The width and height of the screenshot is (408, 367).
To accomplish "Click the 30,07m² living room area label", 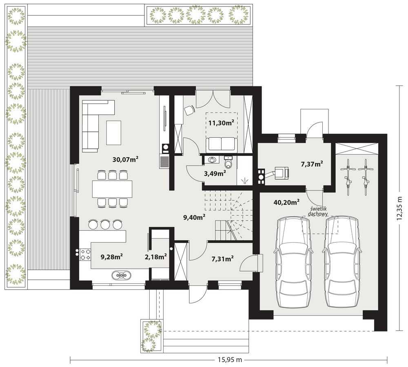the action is [x=125, y=159].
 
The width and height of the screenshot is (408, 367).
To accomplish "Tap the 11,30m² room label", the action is [x=221, y=122].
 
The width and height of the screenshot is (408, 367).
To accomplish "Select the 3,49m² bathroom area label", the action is [x=215, y=173].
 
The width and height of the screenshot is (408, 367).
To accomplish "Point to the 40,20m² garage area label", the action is [x=286, y=202].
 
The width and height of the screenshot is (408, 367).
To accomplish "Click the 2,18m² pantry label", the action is [x=155, y=257].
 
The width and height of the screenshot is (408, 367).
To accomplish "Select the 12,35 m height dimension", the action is [x=399, y=208].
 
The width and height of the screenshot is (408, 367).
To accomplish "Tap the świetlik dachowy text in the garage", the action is [x=318, y=212].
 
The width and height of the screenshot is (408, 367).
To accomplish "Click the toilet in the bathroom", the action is [x=228, y=162].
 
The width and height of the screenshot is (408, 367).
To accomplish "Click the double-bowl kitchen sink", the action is [x=122, y=275].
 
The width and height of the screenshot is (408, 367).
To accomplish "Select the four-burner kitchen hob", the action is [x=85, y=254].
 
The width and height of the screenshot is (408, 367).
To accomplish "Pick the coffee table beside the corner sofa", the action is [x=114, y=133].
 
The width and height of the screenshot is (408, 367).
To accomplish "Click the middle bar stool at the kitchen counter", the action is [x=105, y=224].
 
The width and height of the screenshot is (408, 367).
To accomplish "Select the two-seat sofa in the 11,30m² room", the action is [x=222, y=145].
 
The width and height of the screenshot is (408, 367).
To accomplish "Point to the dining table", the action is [x=112, y=189].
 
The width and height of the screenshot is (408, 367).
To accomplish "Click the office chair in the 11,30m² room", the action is [x=189, y=110].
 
